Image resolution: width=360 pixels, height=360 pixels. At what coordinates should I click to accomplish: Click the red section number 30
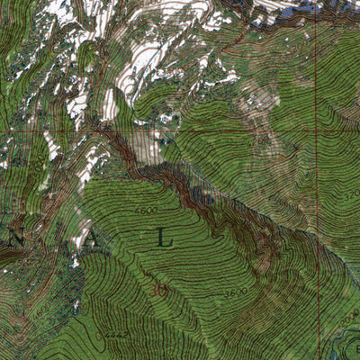tap(161, 292)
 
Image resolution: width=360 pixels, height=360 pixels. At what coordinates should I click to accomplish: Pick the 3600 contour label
tap(236, 292)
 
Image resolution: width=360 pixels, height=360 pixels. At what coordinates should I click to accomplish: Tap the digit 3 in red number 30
tap(156, 292)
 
